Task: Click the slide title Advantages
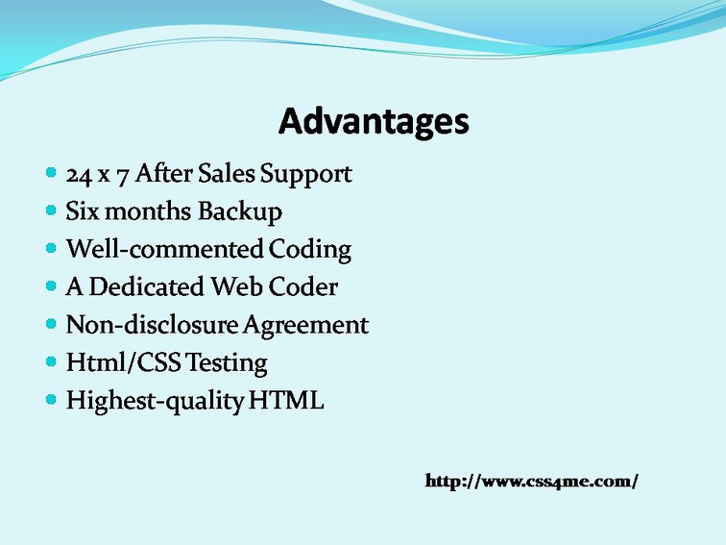tap(374, 121)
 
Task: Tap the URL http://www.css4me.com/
tap(532, 481)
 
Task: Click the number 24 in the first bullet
tap(79, 175)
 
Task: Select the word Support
tap(306, 175)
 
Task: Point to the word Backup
tap(240, 212)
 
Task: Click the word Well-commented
tap(165, 249)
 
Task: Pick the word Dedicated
tap(146, 286)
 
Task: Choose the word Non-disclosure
tap(152, 324)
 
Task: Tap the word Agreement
tap(305, 325)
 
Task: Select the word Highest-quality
tap(156, 401)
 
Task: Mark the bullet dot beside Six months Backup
tap(52, 211)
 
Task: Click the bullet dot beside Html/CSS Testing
tap(52, 361)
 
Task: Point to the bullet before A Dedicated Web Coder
tap(52, 285)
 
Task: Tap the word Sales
tap(227, 173)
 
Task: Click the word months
tap(148, 211)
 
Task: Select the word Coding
tap(310, 250)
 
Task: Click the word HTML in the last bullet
tap(286, 400)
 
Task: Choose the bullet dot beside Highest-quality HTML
tap(52, 399)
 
